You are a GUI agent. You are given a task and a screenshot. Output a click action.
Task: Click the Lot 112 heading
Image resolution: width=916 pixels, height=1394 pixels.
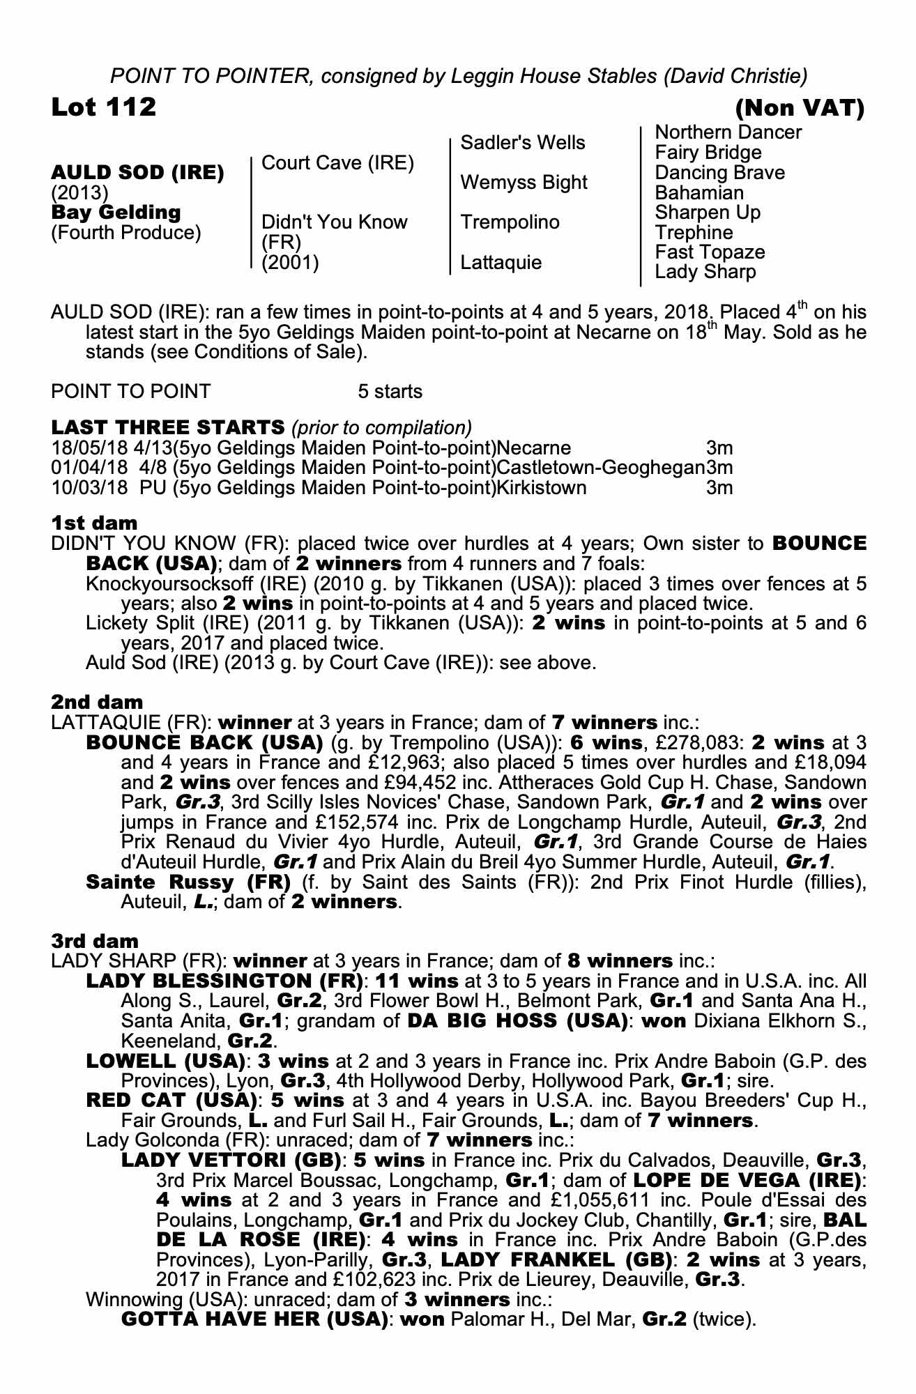(104, 107)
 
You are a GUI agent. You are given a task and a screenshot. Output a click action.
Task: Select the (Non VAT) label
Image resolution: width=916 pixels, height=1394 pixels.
(800, 108)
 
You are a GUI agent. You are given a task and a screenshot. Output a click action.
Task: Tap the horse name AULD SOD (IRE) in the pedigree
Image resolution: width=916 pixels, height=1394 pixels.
(137, 173)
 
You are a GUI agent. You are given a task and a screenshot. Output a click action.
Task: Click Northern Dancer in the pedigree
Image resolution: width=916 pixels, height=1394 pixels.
(728, 132)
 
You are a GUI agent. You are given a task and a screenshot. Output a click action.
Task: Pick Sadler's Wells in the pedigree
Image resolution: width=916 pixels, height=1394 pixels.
(523, 143)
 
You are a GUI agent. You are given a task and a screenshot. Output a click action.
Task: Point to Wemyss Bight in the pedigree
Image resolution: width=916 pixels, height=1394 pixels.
(524, 183)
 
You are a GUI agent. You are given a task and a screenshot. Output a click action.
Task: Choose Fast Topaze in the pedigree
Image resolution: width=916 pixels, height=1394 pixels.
(710, 252)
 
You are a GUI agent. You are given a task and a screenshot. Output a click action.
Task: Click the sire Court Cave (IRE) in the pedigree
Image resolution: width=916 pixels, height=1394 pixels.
(337, 163)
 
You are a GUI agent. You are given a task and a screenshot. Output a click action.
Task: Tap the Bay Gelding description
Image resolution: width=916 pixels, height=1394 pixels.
(116, 213)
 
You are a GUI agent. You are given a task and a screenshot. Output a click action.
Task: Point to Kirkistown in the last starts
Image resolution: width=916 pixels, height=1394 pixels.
(541, 487)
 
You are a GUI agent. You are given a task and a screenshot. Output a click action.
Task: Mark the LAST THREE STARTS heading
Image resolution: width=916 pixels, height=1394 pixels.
(168, 427)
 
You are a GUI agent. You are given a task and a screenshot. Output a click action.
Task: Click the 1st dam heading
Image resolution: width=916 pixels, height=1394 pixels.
(94, 523)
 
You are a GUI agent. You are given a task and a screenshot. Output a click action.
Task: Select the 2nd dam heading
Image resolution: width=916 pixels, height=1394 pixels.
(97, 702)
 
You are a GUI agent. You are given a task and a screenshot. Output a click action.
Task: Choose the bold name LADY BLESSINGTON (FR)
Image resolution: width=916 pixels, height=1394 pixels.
(224, 981)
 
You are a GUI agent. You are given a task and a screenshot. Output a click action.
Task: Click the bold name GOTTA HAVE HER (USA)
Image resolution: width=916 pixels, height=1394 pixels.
(254, 1319)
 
